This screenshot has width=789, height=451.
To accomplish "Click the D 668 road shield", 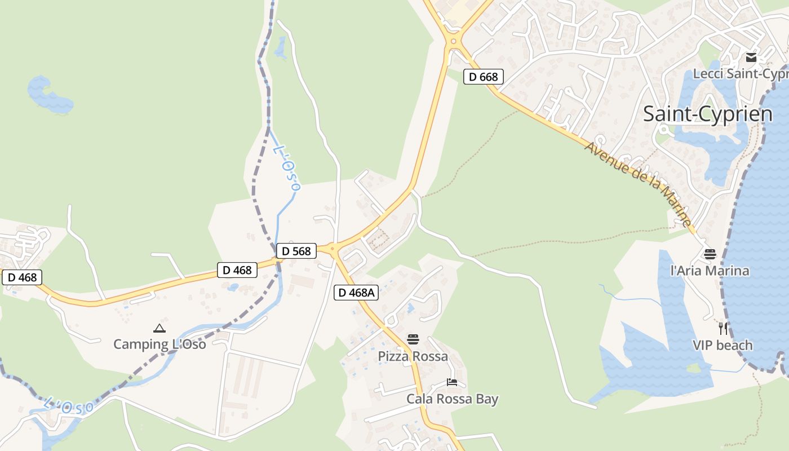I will (x=483, y=77).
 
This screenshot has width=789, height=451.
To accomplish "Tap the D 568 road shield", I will (x=296, y=251).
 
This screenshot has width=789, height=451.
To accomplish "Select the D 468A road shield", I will (x=356, y=293).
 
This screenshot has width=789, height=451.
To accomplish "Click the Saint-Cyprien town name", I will (x=708, y=114).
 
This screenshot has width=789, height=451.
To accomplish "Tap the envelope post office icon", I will (x=751, y=58).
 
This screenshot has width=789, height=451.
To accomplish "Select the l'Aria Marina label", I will (x=710, y=271).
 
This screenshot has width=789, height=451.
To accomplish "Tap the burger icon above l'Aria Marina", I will (x=710, y=254).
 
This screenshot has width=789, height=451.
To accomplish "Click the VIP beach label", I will (x=722, y=345).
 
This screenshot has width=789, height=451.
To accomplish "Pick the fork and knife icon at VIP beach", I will (x=723, y=328).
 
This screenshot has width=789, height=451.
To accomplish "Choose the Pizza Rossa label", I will (x=413, y=356).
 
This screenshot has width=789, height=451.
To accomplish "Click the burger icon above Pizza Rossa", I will (x=413, y=339).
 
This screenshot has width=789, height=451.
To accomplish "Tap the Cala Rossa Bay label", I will (x=453, y=399).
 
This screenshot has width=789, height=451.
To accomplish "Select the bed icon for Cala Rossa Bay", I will (x=452, y=382).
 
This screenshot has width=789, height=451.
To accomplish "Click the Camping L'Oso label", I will (x=159, y=344).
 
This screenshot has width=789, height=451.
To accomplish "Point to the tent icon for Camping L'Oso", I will (x=159, y=328).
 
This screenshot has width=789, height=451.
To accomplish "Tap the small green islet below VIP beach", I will (x=694, y=368).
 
